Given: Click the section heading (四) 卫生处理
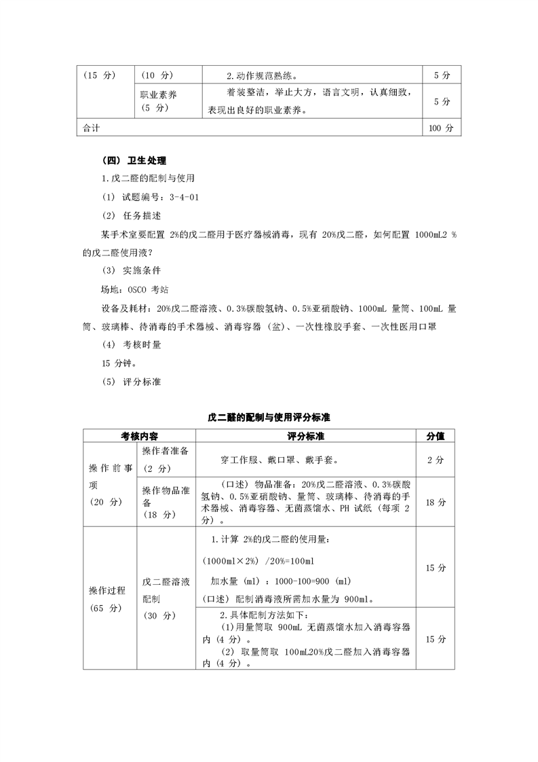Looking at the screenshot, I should tap(133, 160).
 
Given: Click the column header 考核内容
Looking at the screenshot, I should tap(139, 435).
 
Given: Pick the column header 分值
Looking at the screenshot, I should tap(435, 435).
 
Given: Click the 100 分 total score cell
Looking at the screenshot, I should tap(440, 128).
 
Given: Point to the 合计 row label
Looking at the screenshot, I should tap(91, 128).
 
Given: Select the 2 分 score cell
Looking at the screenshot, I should tap(435, 460).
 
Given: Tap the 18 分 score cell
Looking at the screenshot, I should tap(435, 503).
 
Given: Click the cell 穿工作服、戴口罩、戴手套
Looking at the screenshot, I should tap(280, 460).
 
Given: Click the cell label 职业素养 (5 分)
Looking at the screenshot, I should tap(159, 101).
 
